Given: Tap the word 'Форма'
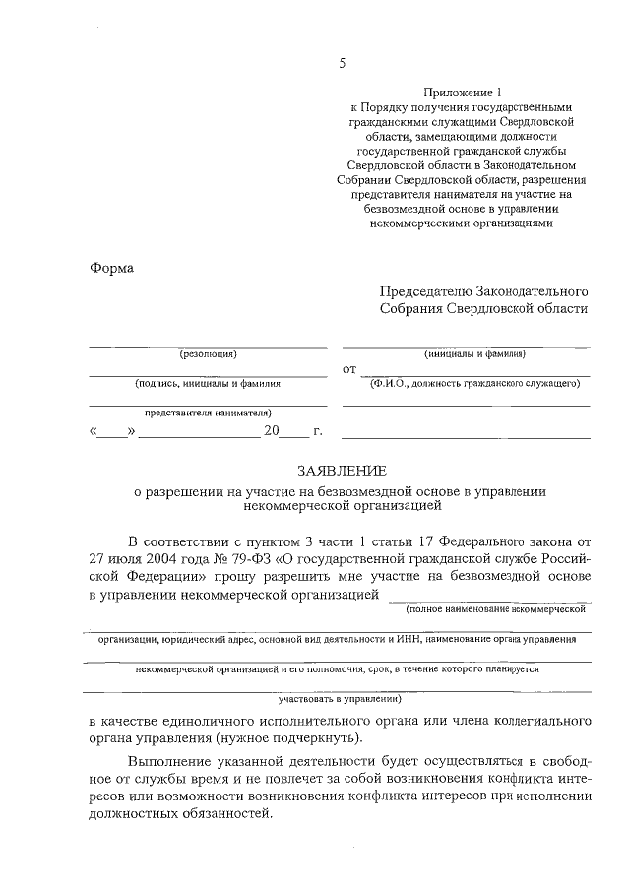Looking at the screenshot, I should [x=111, y=268].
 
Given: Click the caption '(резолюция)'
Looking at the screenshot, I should [x=208, y=354].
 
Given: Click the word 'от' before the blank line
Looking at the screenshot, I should [x=347, y=370].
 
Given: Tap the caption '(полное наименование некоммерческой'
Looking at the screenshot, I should [x=488, y=610].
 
